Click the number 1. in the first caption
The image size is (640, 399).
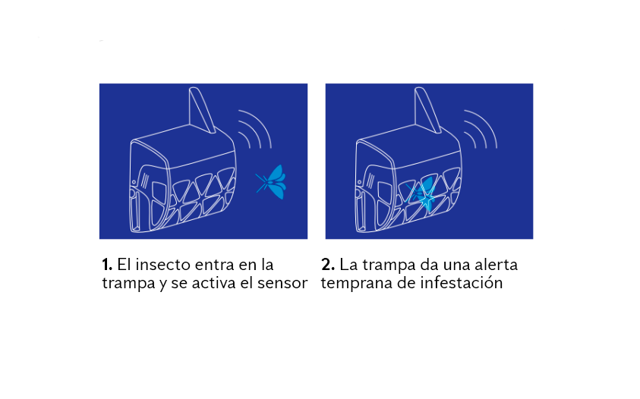point(107,265)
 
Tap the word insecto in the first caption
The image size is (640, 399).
point(163,265)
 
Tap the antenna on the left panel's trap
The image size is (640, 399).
point(201,111)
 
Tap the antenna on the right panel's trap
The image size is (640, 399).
point(427,111)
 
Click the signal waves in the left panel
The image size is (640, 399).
point(254,130)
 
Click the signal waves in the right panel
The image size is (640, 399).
point(480,130)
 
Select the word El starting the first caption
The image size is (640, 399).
point(125,265)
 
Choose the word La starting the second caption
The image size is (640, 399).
point(348,265)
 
